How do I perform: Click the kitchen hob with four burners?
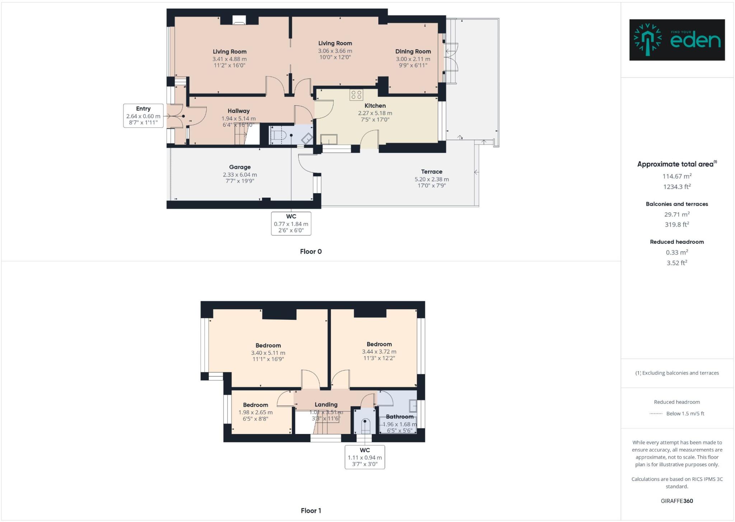pos(356,95)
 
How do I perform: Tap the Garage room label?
pos(240,167)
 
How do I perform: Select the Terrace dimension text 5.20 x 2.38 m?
pos(431,179)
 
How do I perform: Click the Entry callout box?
pos(143,116)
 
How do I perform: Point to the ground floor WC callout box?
pos(291,223)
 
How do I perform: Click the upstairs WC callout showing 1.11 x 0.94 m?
pos(365,457)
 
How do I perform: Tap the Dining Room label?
pos(413,51)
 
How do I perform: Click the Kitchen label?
pos(375,106)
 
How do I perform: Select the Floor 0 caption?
pos(311,251)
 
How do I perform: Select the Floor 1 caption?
pos(311,511)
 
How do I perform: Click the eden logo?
pos(677,40)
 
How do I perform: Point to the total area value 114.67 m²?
pos(677,176)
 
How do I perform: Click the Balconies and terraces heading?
pos(677,204)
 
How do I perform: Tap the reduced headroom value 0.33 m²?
pos(677,252)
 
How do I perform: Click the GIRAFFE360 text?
pos(677,501)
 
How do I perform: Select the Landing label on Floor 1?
pos(326,405)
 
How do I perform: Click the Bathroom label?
pos(399,417)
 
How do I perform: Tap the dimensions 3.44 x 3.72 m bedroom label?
pos(379,352)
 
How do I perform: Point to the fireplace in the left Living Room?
pos(239,20)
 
